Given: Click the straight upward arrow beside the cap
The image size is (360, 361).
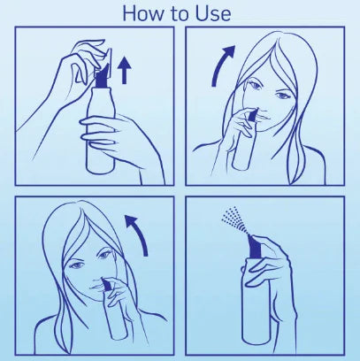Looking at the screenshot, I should pos(124,70).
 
